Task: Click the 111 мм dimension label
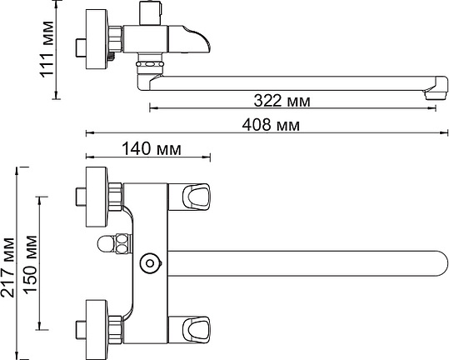click(x=47, y=49)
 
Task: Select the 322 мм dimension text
click(x=282, y=101)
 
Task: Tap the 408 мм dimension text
click(x=271, y=125)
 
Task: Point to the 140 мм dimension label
click(x=152, y=149)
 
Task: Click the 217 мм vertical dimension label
click(x=7, y=267)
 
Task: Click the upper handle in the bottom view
click(x=189, y=197)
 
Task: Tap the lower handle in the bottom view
click(x=189, y=329)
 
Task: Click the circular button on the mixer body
click(x=150, y=263)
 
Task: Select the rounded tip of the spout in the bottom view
click(x=441, y=263)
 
